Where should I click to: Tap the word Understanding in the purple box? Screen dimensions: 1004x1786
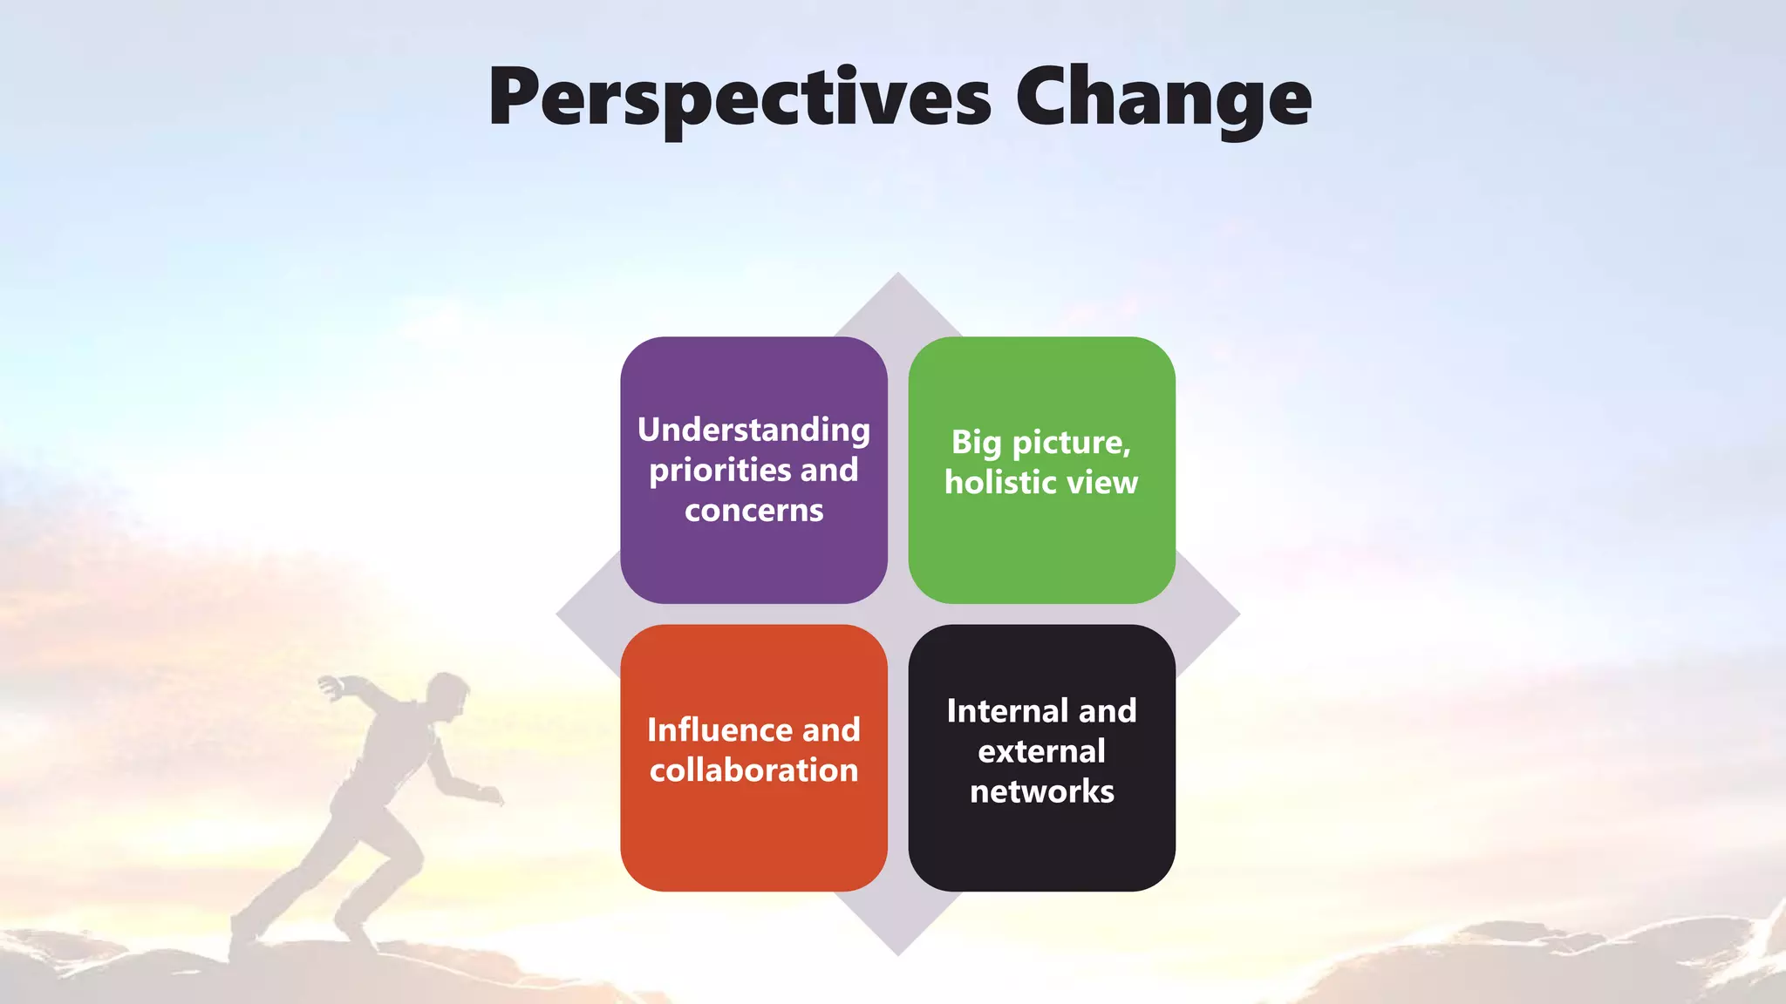[753, 430]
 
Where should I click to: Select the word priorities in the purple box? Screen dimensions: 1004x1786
[719, 471]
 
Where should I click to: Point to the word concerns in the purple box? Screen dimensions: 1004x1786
[753, 511]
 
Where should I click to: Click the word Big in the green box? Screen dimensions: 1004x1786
[975, 443]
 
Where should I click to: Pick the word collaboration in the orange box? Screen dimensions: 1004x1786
[753, 770]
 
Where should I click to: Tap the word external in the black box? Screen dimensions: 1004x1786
[1041, 751]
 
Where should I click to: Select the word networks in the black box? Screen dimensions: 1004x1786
[1041, 791]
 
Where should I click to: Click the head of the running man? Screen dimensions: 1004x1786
[447, 695]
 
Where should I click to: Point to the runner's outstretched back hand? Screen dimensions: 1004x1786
[330, 686]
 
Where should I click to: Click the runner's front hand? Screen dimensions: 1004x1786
[493, 795]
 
